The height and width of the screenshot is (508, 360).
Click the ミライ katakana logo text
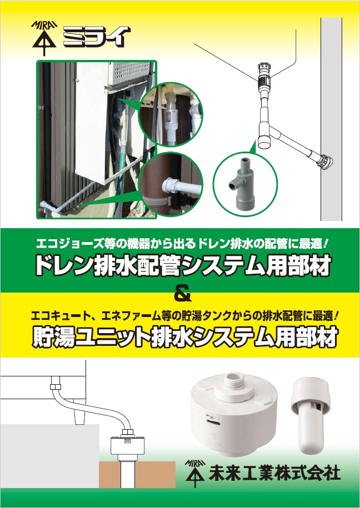[x=97, y=37]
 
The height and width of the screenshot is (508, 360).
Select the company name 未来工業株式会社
[x=274, y=473]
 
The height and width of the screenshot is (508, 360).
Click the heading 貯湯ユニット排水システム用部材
[x=185, y=338]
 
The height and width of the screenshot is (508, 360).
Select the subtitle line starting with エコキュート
[x=185, y=315]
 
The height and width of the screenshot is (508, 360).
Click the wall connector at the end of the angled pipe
[x=326, y=160]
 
